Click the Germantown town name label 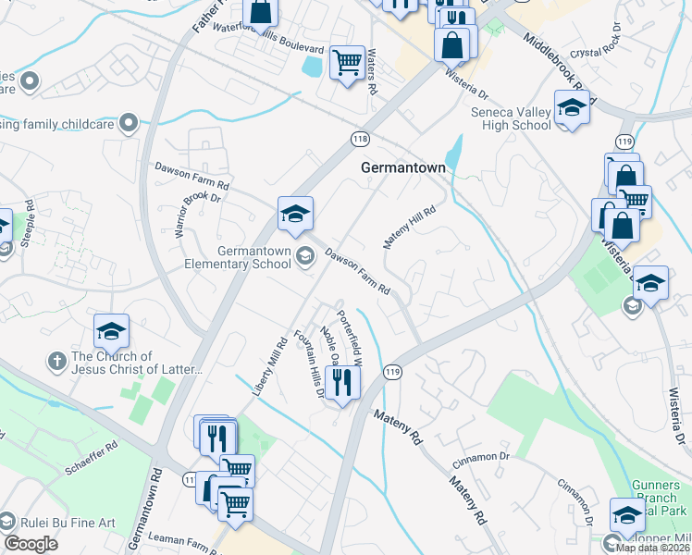[402, 168]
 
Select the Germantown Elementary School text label [254, 257]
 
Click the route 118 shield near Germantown [360, 139]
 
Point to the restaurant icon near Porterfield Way [342, 382]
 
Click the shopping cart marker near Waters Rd [347, 63]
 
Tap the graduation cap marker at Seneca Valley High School [572, 108]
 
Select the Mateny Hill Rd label [409, 228]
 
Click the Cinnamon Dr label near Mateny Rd [481, 457]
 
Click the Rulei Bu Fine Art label [67, 523]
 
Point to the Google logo [31, 544]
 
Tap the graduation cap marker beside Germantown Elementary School [295, 214]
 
